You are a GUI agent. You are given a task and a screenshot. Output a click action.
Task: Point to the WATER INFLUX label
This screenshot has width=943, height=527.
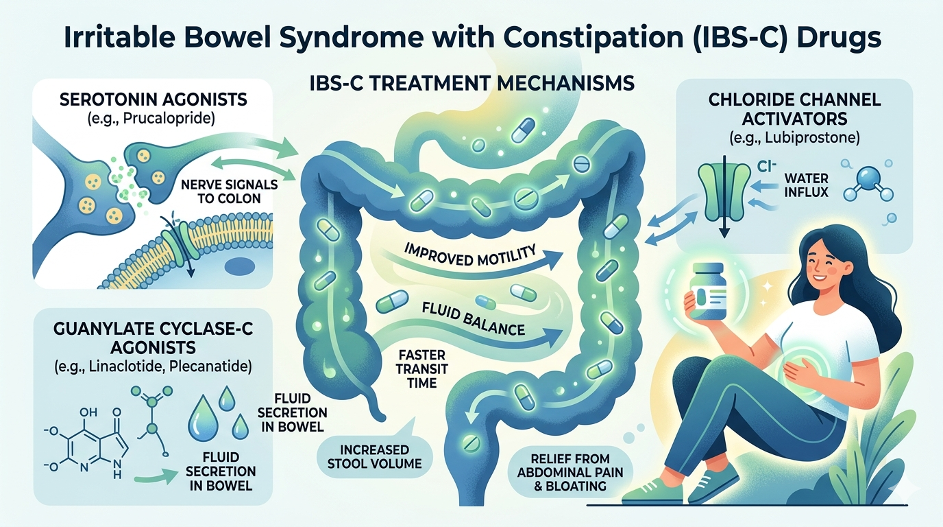pos(806,185)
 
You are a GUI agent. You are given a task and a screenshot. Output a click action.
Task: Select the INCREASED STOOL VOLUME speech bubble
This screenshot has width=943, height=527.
pos(374,456)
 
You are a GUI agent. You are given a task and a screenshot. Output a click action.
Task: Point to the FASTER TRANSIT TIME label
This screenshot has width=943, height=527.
pos(422,369)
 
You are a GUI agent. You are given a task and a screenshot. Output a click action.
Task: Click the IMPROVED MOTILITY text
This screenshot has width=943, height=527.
pos(469,255)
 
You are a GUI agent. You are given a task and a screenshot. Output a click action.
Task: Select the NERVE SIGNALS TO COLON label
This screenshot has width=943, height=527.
pos(229,191)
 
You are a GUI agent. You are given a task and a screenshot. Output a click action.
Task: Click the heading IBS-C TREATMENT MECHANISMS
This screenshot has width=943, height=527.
pos(472,83)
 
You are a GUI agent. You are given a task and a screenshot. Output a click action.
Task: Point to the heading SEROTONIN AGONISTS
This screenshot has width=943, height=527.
pos(154,99)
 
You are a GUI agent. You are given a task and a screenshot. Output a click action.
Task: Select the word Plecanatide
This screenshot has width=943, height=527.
pos(210,366)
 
